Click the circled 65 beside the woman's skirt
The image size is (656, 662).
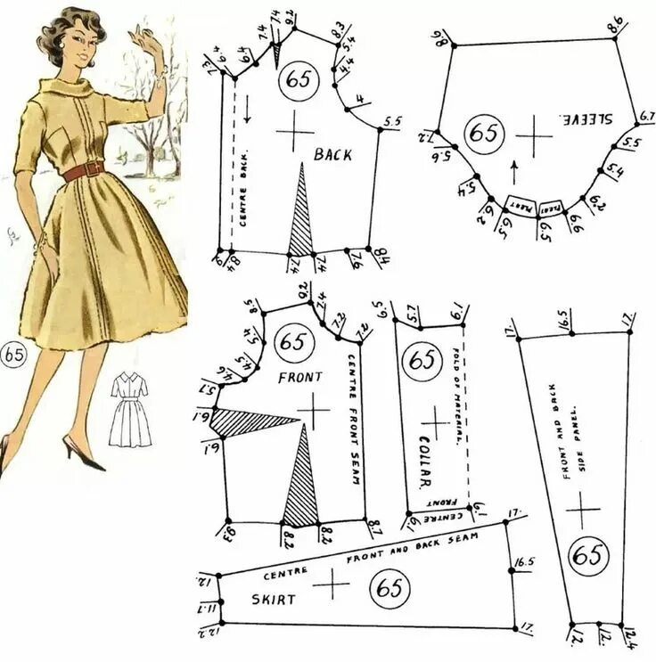(x=13, y=354)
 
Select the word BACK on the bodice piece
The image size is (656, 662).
(x=332, y=155)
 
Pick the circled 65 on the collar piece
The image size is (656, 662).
(x=422, y=361)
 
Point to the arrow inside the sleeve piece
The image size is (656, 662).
(x=513, y=168)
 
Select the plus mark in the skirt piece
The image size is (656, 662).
(x=335, y=585)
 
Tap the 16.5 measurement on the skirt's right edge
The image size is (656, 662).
(x=521, y=564)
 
